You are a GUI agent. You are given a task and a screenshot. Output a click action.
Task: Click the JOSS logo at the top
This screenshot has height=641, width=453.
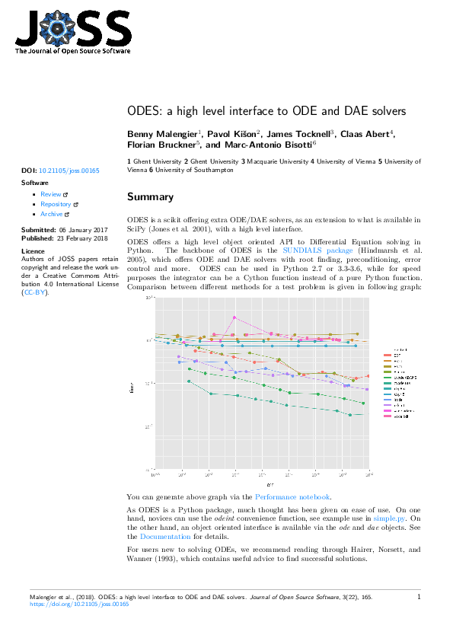point(73,33)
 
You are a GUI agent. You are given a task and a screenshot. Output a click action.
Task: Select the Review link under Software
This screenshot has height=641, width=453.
point(50,194)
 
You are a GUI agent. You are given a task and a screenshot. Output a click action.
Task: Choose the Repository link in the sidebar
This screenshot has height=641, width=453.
point(56,204)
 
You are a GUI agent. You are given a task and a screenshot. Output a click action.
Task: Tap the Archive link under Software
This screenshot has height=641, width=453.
point(52,214)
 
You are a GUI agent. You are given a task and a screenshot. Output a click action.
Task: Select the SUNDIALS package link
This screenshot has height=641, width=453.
point(317,250)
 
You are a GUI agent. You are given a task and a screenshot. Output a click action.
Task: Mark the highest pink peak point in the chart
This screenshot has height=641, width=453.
point(234,317)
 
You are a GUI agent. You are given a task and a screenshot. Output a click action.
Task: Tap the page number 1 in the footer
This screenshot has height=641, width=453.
point(419,598)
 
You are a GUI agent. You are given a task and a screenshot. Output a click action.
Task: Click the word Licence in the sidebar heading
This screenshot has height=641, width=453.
point(33,250)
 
